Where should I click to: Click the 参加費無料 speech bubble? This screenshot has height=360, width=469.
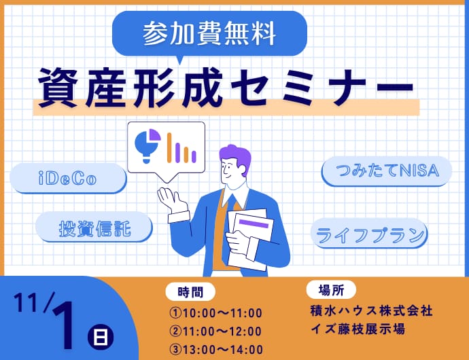(209, 33)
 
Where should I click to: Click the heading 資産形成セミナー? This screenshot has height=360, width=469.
(226, 88)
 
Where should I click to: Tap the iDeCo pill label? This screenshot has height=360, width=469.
(68, 178)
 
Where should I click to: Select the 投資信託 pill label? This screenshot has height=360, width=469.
(94, 228)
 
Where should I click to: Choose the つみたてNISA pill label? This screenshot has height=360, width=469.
(387, 171)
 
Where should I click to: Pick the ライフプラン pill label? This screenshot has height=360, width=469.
(369, 234)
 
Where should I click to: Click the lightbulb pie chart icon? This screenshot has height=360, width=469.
(147, 145)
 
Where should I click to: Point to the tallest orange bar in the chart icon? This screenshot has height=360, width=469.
(169, 147)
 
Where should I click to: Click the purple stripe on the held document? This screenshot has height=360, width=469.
(254, 223)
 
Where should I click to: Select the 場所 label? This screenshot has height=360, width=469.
(331, 290)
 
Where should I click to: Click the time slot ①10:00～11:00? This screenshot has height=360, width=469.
(215, 313)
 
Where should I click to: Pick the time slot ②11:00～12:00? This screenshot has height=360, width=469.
(215, 331)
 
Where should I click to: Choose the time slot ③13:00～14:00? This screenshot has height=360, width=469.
(216, 350)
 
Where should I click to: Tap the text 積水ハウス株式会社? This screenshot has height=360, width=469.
(372, 311)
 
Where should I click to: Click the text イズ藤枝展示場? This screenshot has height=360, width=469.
(358, 329)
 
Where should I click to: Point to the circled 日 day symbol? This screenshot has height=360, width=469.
(101, 337)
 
